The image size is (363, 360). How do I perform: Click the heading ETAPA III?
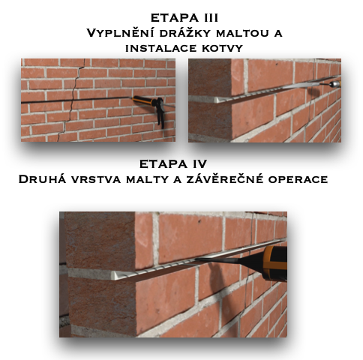[184, 18]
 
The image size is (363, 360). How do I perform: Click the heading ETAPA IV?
[173, 164]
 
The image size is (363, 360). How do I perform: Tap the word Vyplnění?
[121, 33]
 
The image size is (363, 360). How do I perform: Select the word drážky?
[185, 33]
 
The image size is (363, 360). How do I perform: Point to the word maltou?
[243, 33]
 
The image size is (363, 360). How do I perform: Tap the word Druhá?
[42, 179]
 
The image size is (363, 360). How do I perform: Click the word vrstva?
[96, 179]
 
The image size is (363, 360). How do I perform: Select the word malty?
[147, 179]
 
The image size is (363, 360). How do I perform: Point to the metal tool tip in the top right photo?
[334, 83]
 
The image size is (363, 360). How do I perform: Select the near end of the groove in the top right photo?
[218, 100]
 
